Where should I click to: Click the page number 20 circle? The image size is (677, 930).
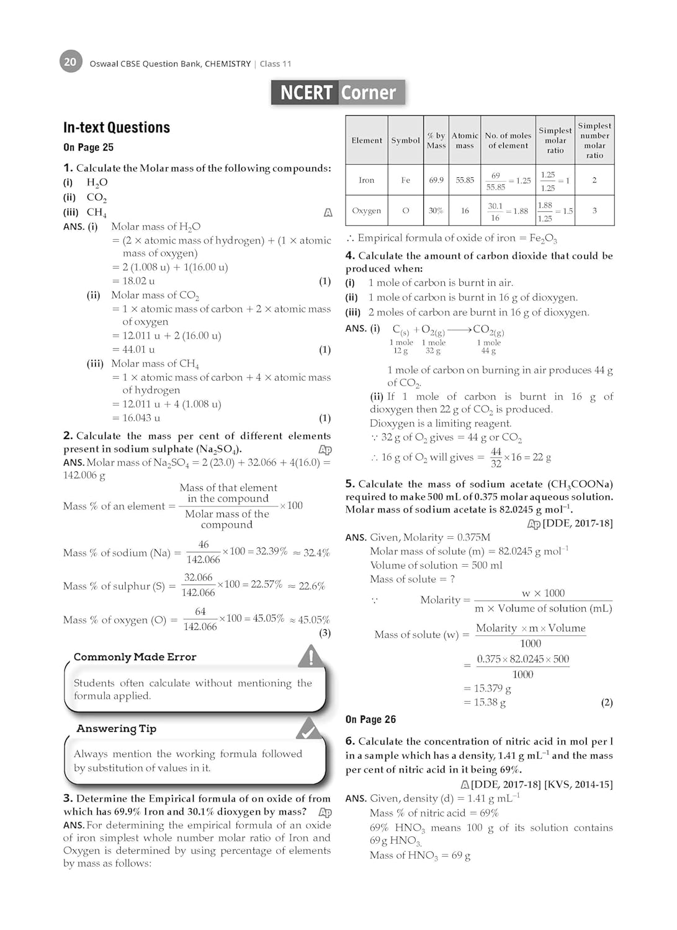71,62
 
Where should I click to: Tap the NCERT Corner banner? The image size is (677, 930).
338,92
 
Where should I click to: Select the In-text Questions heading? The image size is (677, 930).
117,128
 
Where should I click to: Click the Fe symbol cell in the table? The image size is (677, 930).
406,180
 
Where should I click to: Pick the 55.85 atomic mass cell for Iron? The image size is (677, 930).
465,180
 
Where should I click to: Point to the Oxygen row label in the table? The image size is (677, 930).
367,211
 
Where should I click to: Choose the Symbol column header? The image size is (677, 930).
406,141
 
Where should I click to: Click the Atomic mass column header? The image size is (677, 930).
465,141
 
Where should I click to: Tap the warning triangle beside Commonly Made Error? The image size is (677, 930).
310,655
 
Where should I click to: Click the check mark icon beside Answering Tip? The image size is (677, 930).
308,728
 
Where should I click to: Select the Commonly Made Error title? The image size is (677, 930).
135,657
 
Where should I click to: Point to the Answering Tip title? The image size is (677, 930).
116,728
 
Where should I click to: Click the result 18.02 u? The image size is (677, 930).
138,281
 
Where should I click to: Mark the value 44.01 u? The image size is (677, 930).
138,350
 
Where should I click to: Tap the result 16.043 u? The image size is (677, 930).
141,418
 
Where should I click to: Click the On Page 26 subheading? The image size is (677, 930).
370,720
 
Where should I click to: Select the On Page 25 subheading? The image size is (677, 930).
88,148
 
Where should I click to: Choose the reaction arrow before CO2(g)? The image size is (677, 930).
459,329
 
